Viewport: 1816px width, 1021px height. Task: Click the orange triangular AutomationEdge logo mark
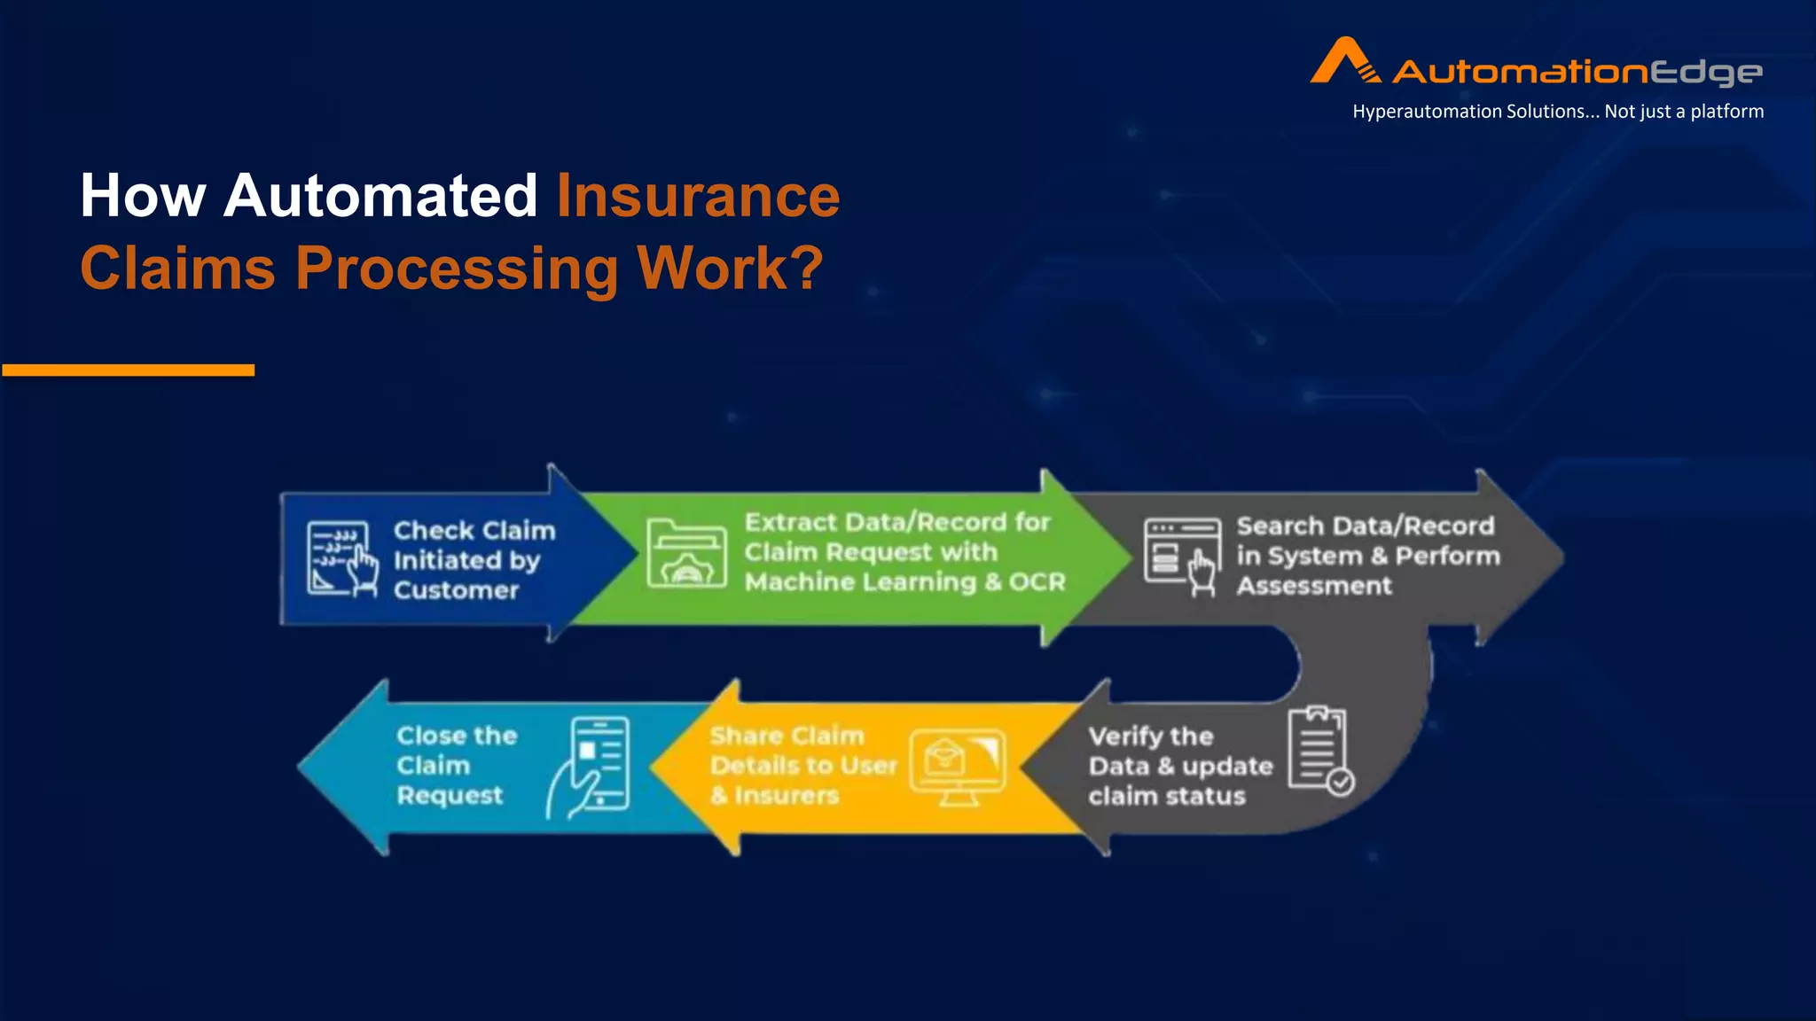[x=1343, y=62]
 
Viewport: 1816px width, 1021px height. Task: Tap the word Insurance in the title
[x=697, y=196]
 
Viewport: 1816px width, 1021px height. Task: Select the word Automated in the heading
[x=380, y=196]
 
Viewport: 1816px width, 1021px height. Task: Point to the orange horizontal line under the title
[x=129, y=370]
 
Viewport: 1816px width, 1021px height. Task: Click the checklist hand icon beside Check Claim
[x=341, y=558]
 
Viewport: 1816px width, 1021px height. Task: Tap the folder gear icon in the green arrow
[x=686, y=554]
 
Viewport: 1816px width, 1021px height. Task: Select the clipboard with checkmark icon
[x=1320, y=750]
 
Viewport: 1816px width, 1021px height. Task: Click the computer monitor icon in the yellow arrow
[x=958, y=766]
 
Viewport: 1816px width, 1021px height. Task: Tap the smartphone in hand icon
[x=591, y=767]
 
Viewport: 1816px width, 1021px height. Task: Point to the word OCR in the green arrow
[x=1037, y=582]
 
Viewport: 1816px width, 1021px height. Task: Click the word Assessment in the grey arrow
[x=1313, y=586]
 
